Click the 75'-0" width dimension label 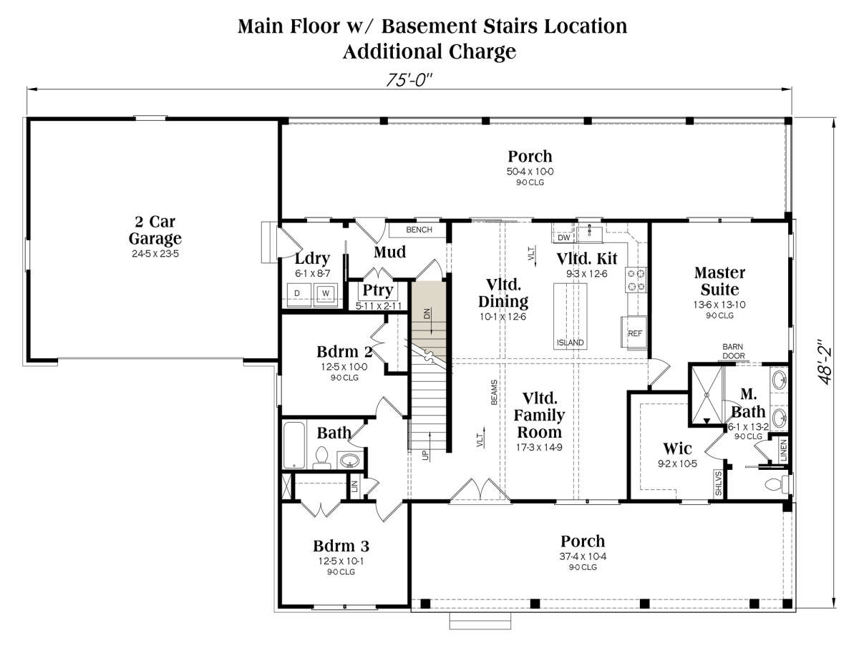[409, 79]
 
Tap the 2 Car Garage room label [155, 230]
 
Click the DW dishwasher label [563, 237]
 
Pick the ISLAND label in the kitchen [571, 343]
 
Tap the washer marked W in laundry [326, 294]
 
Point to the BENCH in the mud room [417, 230]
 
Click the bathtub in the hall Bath [294, 445]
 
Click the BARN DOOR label [733, 351]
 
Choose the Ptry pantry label [378, 290]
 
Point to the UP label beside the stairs [425, 455]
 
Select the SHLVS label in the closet [719, 483]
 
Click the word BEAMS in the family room [494, 393]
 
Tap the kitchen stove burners [636, 280]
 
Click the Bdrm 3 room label [341, 546]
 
